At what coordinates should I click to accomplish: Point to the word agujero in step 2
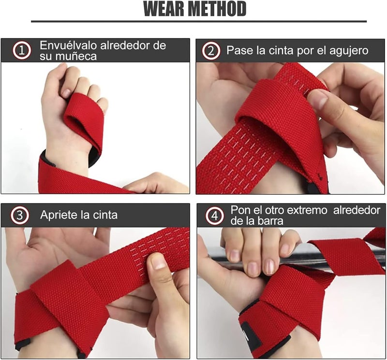coord(346,50)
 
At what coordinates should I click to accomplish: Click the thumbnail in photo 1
coord(65,92)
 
